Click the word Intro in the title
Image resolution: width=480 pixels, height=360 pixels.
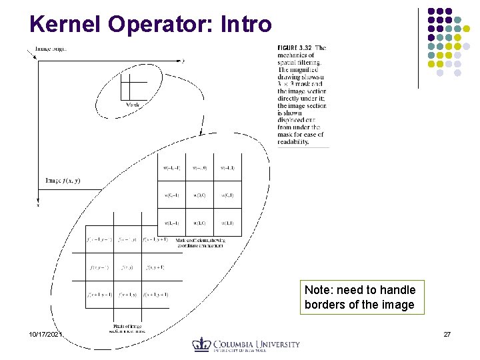pyautogui.click(x=246, y=24)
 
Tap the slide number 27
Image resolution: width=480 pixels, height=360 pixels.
pyautogui.click(x=446, y=333)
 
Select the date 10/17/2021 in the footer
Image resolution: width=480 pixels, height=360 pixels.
pyautogui.click(x=45, y=333)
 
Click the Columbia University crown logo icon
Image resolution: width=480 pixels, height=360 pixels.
pyautogui.click(x=201, y=344)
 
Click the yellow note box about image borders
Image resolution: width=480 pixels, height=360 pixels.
pyautogui.click(x=360, y=297)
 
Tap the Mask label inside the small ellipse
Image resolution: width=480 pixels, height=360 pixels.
pyautogui.click(x=133, y=105)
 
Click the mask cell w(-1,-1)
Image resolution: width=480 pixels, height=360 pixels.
pyautogui.click(x=171, y=168)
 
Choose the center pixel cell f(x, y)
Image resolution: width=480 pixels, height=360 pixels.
pyautogui.click(x=127, y=267)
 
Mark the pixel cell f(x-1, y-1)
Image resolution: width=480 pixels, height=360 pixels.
pyautogui.click(x=99, y=239)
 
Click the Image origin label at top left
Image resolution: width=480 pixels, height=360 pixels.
pyautogui.click(x=51, y=49)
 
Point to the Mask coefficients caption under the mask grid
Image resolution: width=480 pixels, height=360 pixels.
pyautogui.click(x=201, y=243)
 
